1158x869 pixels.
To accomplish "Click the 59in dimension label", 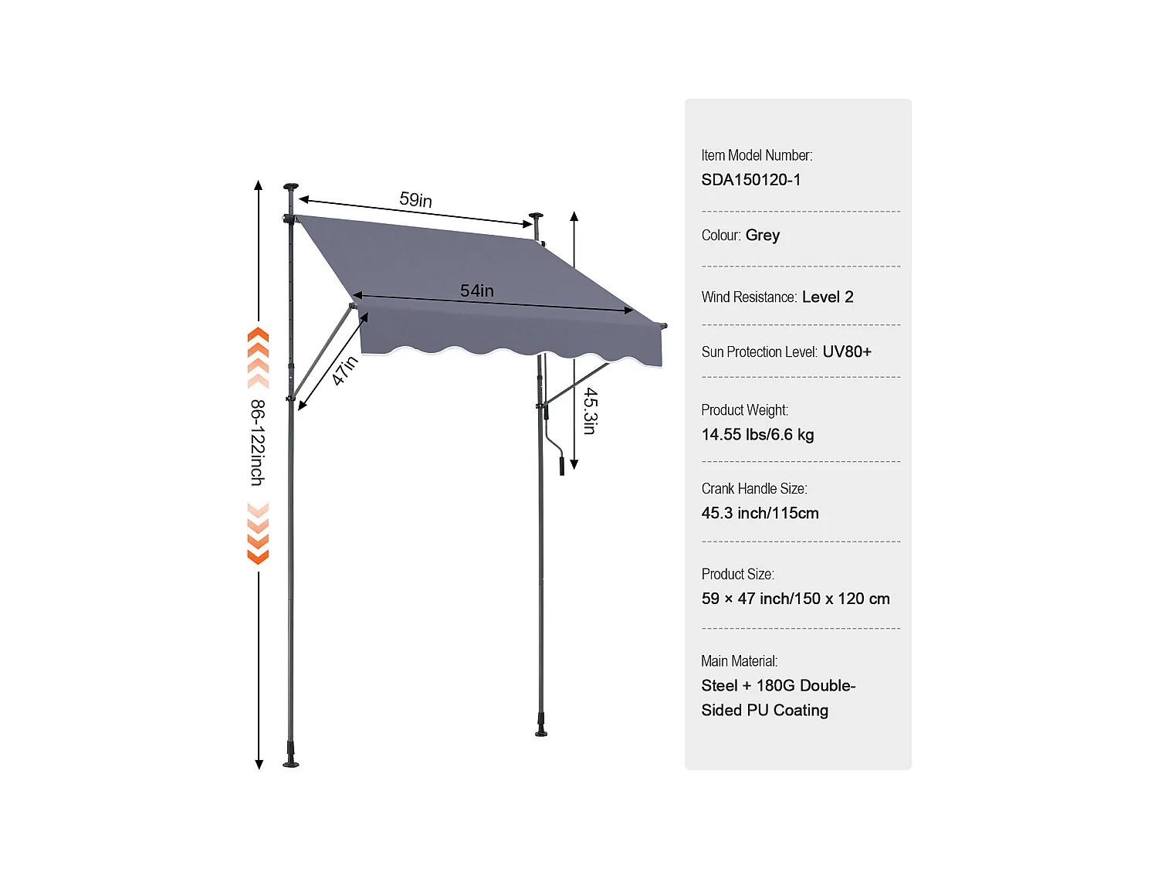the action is click(415, 199).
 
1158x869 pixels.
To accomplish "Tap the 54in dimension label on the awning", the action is click(477, 290).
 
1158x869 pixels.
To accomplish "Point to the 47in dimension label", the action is click(344, 370).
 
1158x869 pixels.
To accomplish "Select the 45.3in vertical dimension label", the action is click(590, 411).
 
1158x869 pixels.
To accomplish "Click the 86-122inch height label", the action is click(258, 443).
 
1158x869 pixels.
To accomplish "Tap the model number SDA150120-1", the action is click(750, 180).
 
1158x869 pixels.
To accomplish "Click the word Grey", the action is click(763, 235).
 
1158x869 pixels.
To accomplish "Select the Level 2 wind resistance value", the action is click(828, 297).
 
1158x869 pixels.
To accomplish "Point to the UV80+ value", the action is click(847, 352).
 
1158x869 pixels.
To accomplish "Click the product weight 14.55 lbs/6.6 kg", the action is click(757, 435).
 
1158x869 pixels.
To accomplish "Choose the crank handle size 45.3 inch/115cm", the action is click(760, 514).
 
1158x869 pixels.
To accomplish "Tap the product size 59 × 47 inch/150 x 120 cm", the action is click(795, 599).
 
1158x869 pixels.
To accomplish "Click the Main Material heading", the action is click(739, 661).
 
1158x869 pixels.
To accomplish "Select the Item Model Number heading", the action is click(757, 155).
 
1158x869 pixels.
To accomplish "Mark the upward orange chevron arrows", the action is click(258, 358).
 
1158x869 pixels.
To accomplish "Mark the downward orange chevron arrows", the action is click(258, 534).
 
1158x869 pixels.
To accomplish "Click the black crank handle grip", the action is click(562, 466).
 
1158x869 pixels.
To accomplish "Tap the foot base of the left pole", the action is click(291, 762).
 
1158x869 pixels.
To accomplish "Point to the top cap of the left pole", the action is click(291, 186).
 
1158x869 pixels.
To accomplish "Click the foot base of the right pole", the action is click(541, 730).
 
